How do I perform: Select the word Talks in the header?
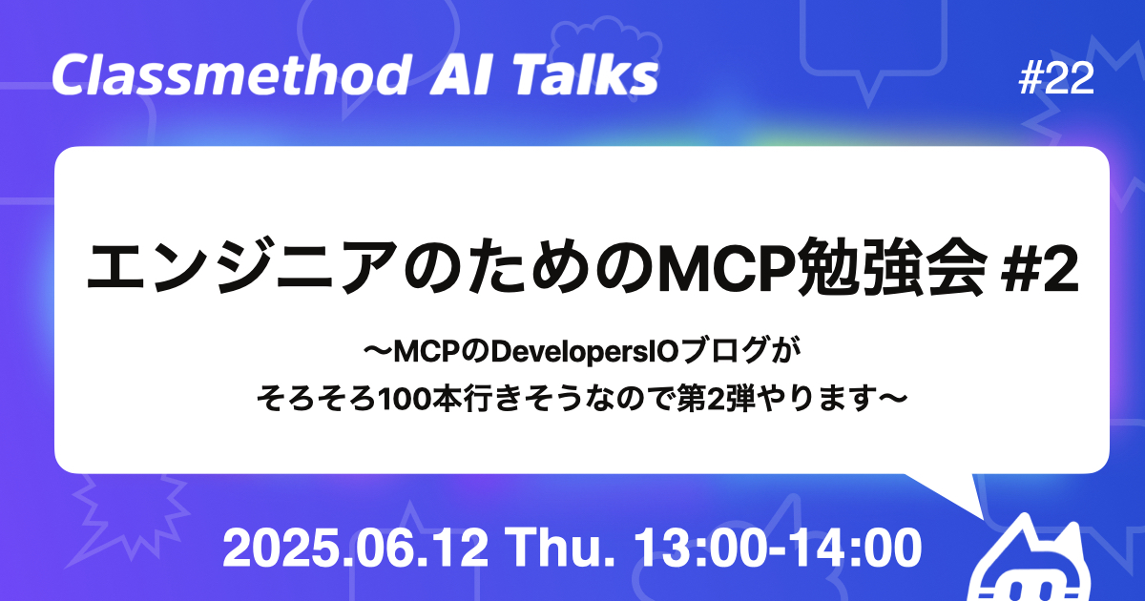(x=590, y=76)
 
